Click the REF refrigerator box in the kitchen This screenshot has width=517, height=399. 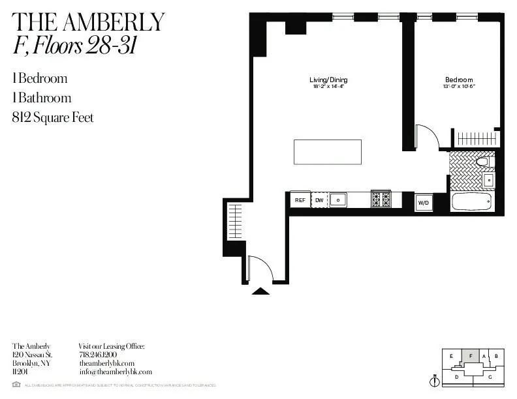point(300,200)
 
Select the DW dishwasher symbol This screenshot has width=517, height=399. point(319,200)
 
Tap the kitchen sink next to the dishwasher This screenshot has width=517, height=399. point(337,199)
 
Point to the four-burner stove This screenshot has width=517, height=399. point(381,199)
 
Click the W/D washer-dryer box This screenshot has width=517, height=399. point(424,203)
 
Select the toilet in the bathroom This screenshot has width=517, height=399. point(484,161)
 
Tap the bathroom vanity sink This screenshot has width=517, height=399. point(488,180)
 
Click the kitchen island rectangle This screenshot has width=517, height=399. point(327,152)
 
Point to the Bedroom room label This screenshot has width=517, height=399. point(458,80)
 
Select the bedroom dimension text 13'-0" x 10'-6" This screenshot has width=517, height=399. point(458,86)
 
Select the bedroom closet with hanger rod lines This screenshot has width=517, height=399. point(477,138)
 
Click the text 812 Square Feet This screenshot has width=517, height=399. point(53,118)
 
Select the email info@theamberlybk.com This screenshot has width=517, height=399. point(115,372)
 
